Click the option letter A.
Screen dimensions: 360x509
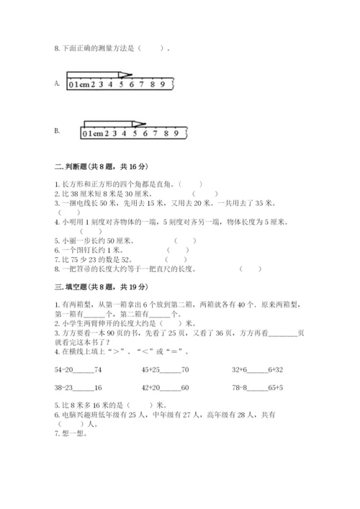[56, 83]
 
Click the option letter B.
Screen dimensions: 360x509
[56, 130]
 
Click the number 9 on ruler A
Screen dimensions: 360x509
[163, 85]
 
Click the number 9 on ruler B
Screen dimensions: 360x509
[176, 133]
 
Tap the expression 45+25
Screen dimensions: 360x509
[153, 369]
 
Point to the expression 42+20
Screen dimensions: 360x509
[153, 388]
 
